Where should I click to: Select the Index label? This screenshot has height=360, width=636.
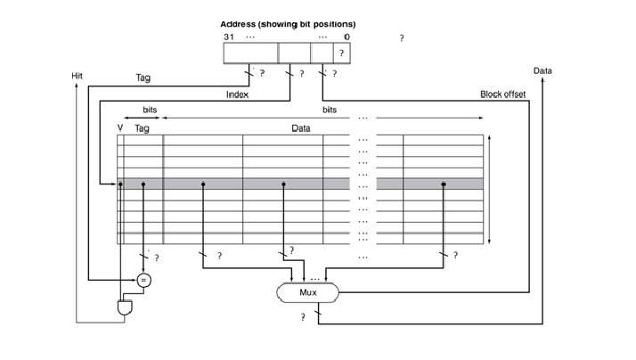[x=236, y=94]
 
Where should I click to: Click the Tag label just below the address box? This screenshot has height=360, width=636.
[x=143, y=78]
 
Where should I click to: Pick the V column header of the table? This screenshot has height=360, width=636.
[x=120, y=128]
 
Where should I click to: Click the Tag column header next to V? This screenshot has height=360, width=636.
[x=142, y=128]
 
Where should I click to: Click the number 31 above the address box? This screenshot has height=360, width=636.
[x=228, y=37]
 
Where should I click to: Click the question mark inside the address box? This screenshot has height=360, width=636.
[x=341, y=54]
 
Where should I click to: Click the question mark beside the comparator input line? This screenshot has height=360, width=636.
[x=156, y=258]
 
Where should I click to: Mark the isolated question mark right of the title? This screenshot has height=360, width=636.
[x=402, y=38]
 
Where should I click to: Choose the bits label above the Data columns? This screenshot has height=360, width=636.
[x=330, y=109]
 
